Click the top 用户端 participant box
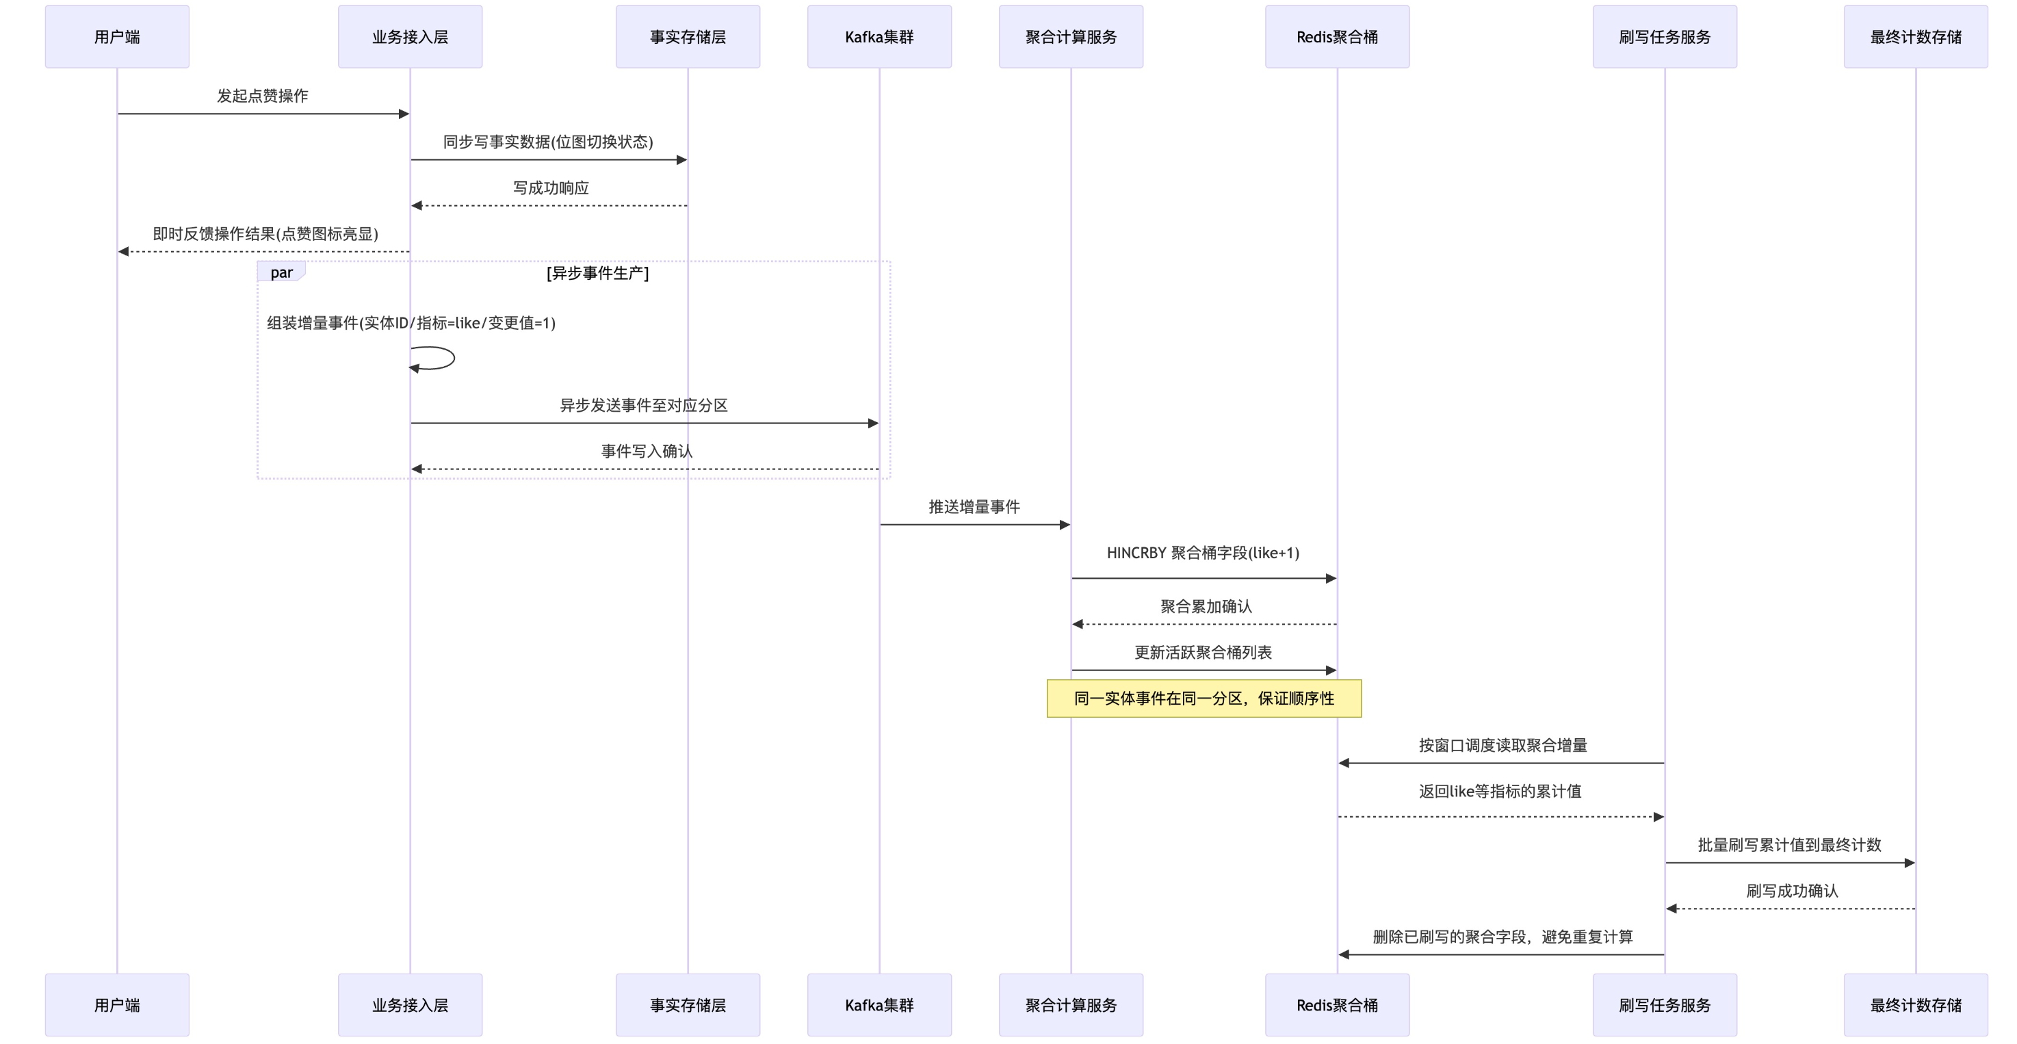click(117, 37)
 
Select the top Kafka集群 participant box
click(879, 37)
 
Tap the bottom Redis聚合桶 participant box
click(1337, 1005)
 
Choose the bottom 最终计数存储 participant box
click(1915, 1005)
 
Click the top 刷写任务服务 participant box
click(1664, 37)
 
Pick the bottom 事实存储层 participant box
click(688, 1005)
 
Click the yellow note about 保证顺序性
click(1203, 699)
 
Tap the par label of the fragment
click(281, 272)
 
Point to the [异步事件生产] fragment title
click(597, 272)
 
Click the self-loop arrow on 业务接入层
click(443, 358)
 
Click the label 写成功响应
click(551, 188)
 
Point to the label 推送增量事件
click(974, 507)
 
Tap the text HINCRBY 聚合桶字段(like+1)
click(1203, 553)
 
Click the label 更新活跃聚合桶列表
click(1203, 653)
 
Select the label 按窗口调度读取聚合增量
click(1502, 746)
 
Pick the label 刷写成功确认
click(1791, 891)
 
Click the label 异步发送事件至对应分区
click(644, 405)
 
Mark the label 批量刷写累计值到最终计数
click(1789, 845)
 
